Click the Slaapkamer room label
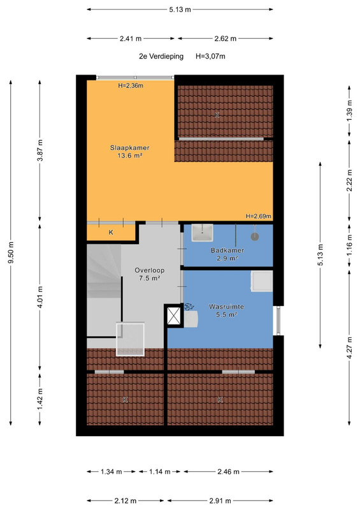pos(130,152)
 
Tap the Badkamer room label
pos(227,254)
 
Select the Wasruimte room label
pos(226,310)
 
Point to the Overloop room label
pos(150,274)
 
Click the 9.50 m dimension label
pos(11,252)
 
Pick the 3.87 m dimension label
pos(40,150)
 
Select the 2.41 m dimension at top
pos(131,38)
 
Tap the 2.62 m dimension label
pos(226,38)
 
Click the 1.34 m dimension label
pos(112,471)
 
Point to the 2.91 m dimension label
pos(220,500)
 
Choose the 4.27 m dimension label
pos(349,347)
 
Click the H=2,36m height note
pos(131,86)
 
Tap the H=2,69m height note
pos(259,216)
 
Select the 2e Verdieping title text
pos(161,56)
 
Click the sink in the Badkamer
pos(202,233)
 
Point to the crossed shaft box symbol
pos(174,316)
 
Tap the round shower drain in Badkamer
pos(255,237)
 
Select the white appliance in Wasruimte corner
pos(262,282)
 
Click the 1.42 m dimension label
pos(40,400)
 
